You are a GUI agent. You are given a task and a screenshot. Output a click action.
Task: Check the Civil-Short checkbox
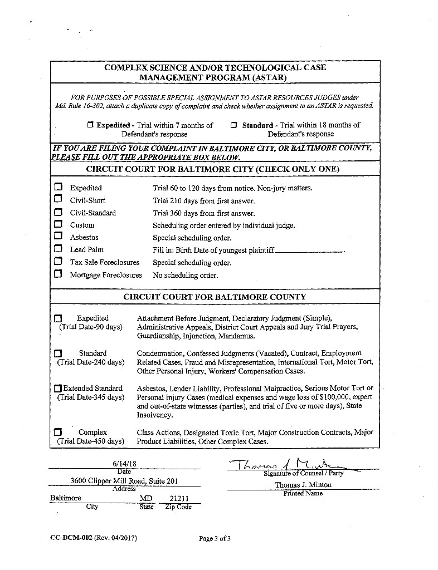coord(58,200)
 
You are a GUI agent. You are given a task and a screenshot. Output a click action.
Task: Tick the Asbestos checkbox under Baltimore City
coord(58,237)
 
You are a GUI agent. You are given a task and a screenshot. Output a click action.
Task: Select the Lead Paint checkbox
coord(58,249)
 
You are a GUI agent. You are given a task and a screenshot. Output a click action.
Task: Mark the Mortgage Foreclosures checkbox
coord(58,274)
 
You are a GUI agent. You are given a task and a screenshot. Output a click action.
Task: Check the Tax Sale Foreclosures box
coord(58,262)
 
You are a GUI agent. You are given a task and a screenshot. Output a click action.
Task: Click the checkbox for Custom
coord(58,225)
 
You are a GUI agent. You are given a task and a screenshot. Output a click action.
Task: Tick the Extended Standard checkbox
coord(59,389)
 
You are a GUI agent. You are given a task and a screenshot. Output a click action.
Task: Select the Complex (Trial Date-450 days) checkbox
coord(58,432)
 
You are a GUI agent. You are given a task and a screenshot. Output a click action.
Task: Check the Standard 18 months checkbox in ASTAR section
coord(234,125)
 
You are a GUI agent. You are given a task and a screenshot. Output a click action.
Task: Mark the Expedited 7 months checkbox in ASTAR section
coord(90,125)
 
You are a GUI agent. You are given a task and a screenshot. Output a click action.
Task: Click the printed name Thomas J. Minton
coord(303,485)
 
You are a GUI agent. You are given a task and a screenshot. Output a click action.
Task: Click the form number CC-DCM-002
coord(71,538)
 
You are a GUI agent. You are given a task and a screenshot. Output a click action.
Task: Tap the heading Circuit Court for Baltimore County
coord(215,297)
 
